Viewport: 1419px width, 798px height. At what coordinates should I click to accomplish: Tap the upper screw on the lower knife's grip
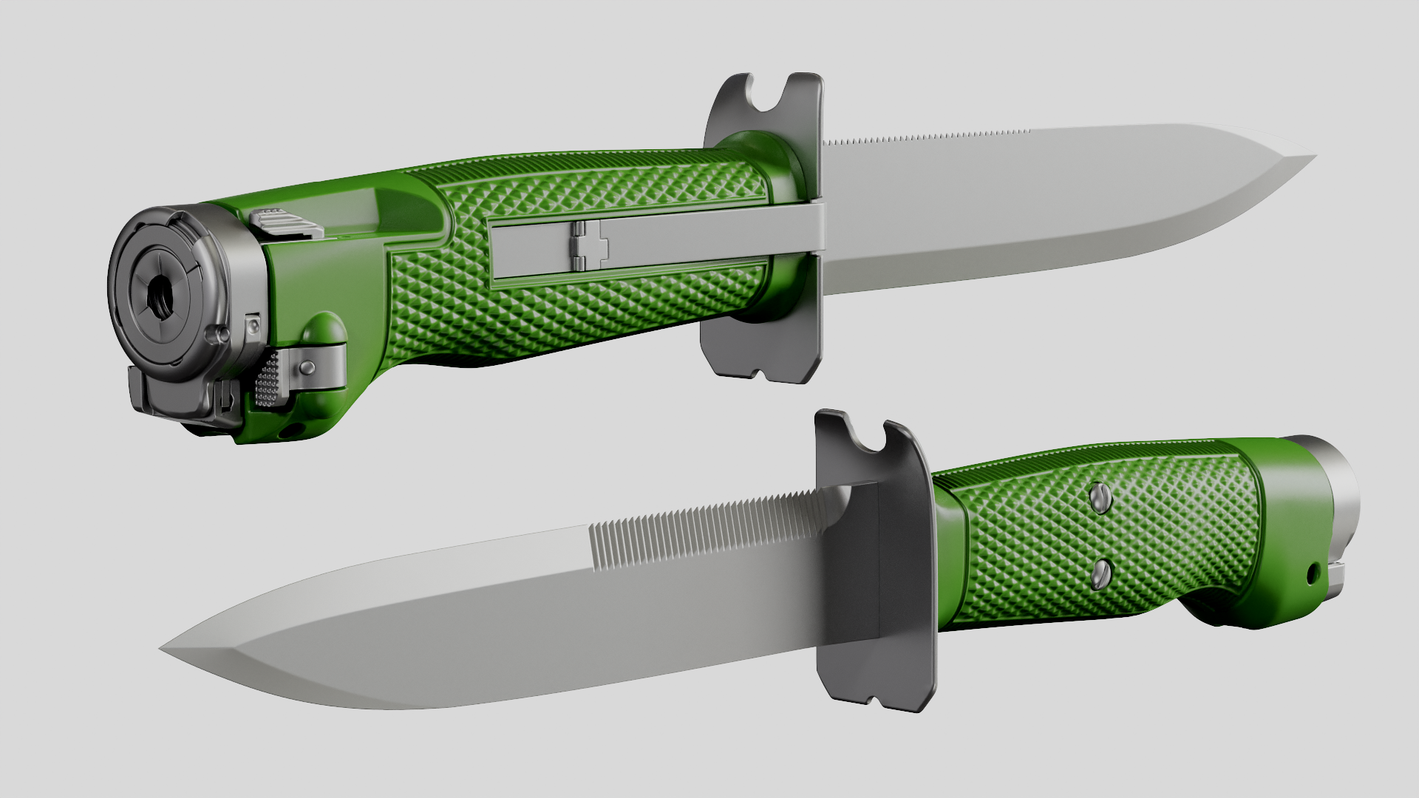[x=1100, y=499]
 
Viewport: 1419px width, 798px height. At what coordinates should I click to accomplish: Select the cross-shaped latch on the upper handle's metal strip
[x=588, y=245]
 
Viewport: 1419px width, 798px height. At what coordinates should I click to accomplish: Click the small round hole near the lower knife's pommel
[x=1313, y=573]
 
